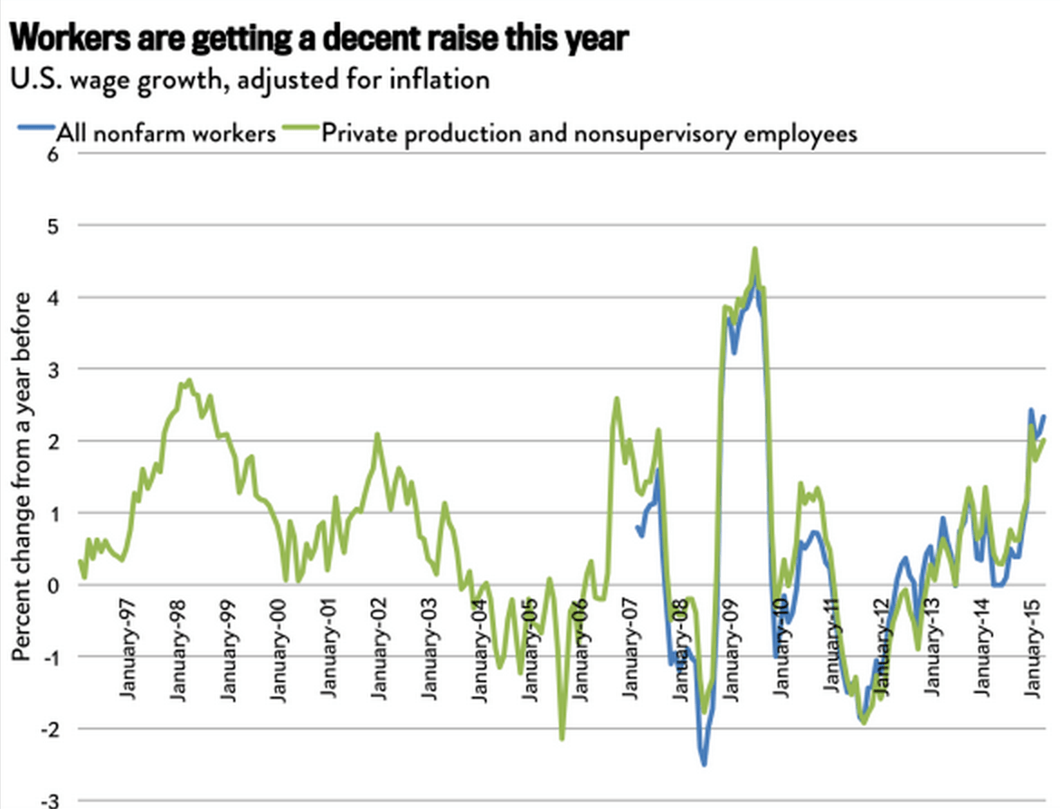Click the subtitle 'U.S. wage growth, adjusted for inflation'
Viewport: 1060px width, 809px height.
pyautogui.click(x=250, y=80)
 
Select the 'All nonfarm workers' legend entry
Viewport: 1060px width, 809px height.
pyautogui.click(x=166, y=134)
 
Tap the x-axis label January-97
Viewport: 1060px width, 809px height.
pyautogui.click(x=127, y=651)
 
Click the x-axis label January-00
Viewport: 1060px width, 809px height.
pyautogui.click(x=279, y=651)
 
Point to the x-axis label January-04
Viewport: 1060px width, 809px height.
pyautogui.click(x=479, y=651)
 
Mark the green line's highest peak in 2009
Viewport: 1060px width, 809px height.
pyautogui.click(x=754, y=248)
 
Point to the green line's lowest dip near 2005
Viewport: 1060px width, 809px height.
pyautogui.click(x=562, y=738)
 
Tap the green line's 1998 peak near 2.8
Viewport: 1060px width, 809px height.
pyautogui.click(x=188, y=380)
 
